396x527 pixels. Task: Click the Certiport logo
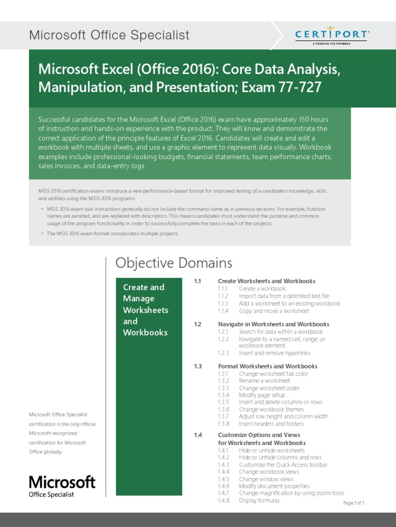pyautogui.click(x=332, y=36)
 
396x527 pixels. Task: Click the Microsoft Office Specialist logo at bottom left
pyautogui.click(x=62, y=486)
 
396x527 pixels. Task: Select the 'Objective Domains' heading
pyautogui.click(x=174, y=263)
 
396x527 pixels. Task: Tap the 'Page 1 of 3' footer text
pyautogui.click(x=354, y=503)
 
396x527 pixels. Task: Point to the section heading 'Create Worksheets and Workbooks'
pyautogui.click(x=267, y=281)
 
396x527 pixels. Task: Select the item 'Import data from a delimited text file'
pyautogui.click(x=284, y=296)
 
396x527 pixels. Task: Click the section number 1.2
pyautogui.click(x=197, y=324)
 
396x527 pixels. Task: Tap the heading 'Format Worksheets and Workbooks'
pyautogui.click(x=268, y=366)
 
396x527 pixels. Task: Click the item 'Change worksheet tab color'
pyautogui.click(x=273, y=374)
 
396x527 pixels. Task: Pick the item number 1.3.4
pyautogui.click(x=223, y=395)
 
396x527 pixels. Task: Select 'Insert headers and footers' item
pyautogui.click(x=271, y=424)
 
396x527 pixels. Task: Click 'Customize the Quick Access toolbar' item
pyautogui.click(x=283, y=465)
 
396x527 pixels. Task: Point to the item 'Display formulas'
pyautogui.click(x=259, y=500)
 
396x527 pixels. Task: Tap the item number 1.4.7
pyautogui.click(x=223, y=493)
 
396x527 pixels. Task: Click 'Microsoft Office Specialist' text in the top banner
pyautogui.click(x=109, y=35)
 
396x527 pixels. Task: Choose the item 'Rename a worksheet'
pyautogui.click(x=264, y=381)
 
